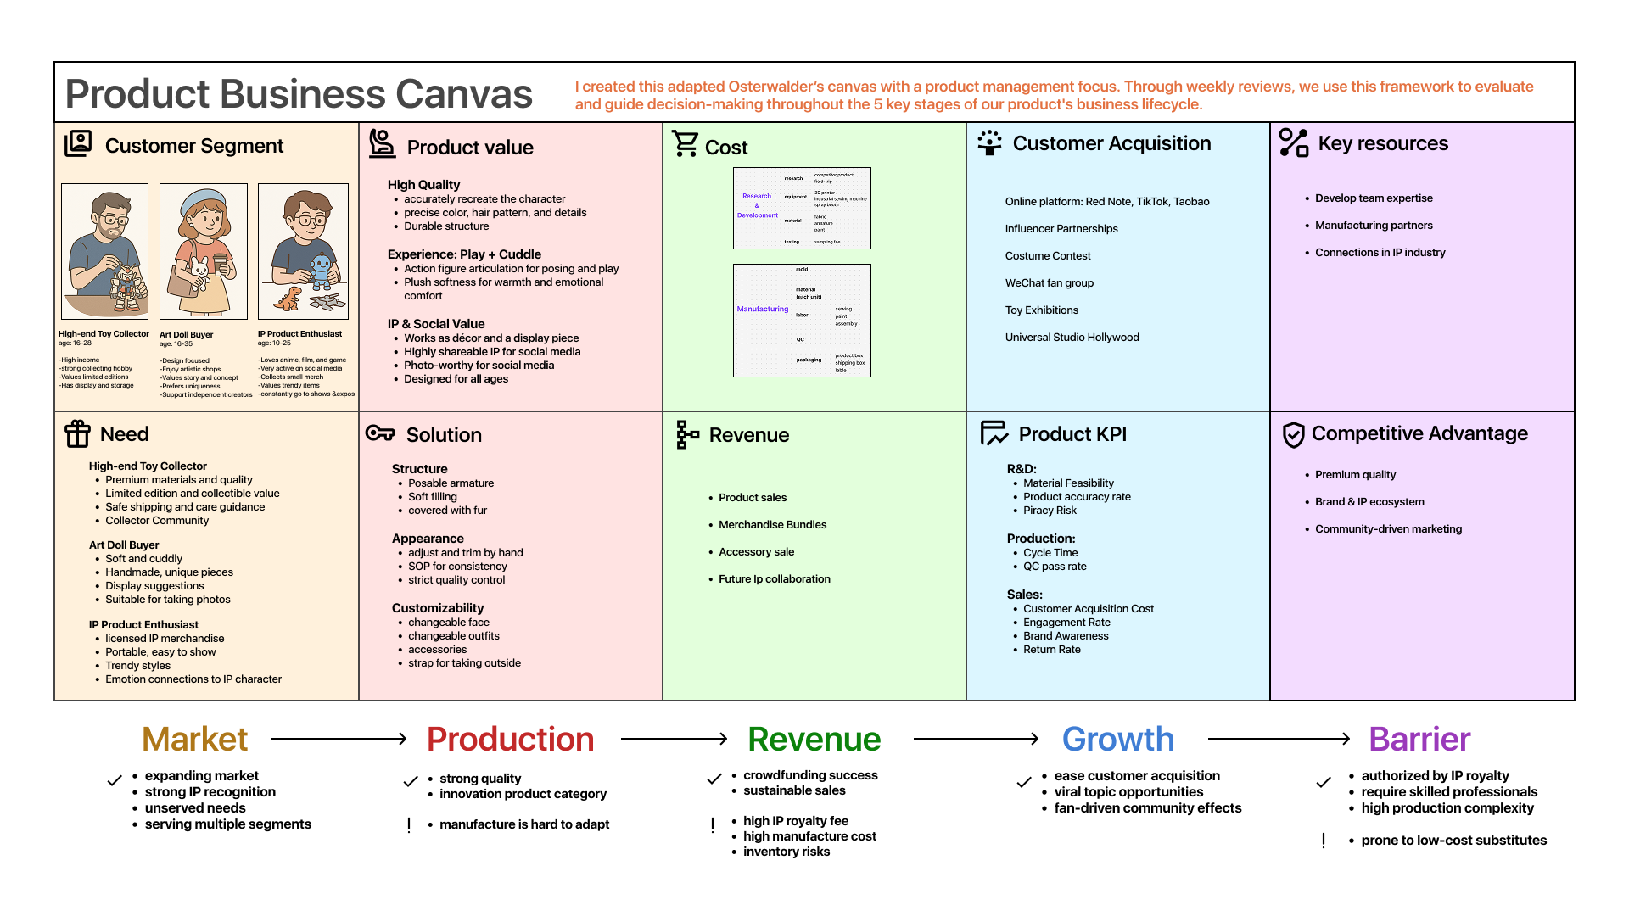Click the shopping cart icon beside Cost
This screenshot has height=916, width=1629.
[685, 143]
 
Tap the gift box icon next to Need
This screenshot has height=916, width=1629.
[77, 433]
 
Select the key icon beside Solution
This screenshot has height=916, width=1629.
[380, 433]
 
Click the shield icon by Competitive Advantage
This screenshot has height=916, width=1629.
[1293, 434]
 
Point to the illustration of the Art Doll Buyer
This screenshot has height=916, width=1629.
[204, 251]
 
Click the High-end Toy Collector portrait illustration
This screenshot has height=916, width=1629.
[105, 251]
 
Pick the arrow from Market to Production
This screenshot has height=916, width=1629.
[339, 739]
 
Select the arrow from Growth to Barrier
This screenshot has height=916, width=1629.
[1279, 739]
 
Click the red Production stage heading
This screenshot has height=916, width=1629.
[510, 739]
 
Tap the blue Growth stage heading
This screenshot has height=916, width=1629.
[1117, 739]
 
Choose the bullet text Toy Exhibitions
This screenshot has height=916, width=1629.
[1041, 310]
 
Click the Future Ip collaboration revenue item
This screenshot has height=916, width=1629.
[774, 579]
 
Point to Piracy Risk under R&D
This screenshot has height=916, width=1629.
[1050, 511]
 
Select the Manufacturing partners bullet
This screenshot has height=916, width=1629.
[1373, 226]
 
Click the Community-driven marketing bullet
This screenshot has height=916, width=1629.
[1388, 529]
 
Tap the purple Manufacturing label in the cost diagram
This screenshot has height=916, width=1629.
[762, 310]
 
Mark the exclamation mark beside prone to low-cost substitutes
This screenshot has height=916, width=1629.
[1324, 841]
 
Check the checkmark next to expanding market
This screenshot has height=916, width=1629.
[115, 780]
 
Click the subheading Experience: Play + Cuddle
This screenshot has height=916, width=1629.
[464, 254]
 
